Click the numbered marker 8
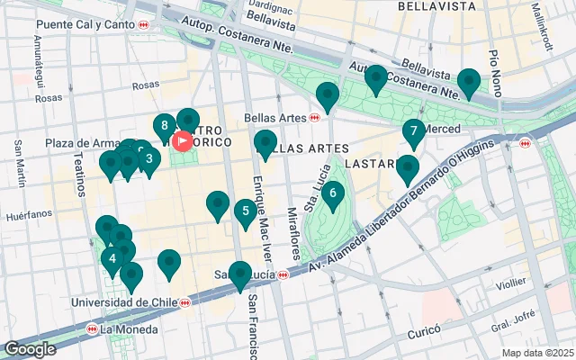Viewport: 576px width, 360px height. pyautogui.click(x=163, y=126)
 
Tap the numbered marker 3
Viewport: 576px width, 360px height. pyautogui.click(x=148, y=159)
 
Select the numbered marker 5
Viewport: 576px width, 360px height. pyautogui.click(x=244, y=212)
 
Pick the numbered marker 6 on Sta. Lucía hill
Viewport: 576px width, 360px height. pyautogui.click(x=332, y=193)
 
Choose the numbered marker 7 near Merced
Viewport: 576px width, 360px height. pyautogui.click(x=413, y=132)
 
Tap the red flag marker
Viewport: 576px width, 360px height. pyautogui.click(x=184, y=141)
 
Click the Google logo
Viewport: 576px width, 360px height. pyautogui.click(x=29, y=349)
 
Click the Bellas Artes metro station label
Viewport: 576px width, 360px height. pyautogui.click(x=275, y=117)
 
